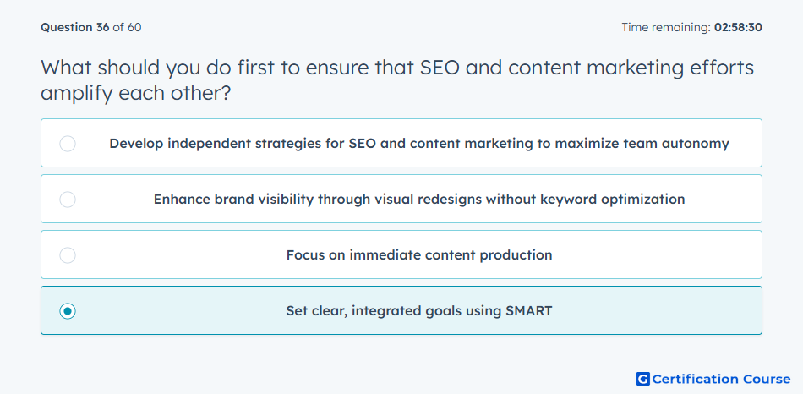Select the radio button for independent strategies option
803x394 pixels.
[x=68, y=144]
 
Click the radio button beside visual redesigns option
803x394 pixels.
[x=68, y=200]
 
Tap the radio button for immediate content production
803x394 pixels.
[x=68, y=255]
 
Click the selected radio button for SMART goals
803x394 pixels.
[x=68, y=311]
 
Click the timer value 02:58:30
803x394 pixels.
[x=738, y=27]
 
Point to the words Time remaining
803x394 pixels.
[x=666, y=27]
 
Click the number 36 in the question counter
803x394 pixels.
[x=102, y=27]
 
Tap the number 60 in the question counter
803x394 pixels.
[x=134, y=27]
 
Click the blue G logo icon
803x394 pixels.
[x=642, y=379]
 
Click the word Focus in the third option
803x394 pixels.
[x=303, y=254]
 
